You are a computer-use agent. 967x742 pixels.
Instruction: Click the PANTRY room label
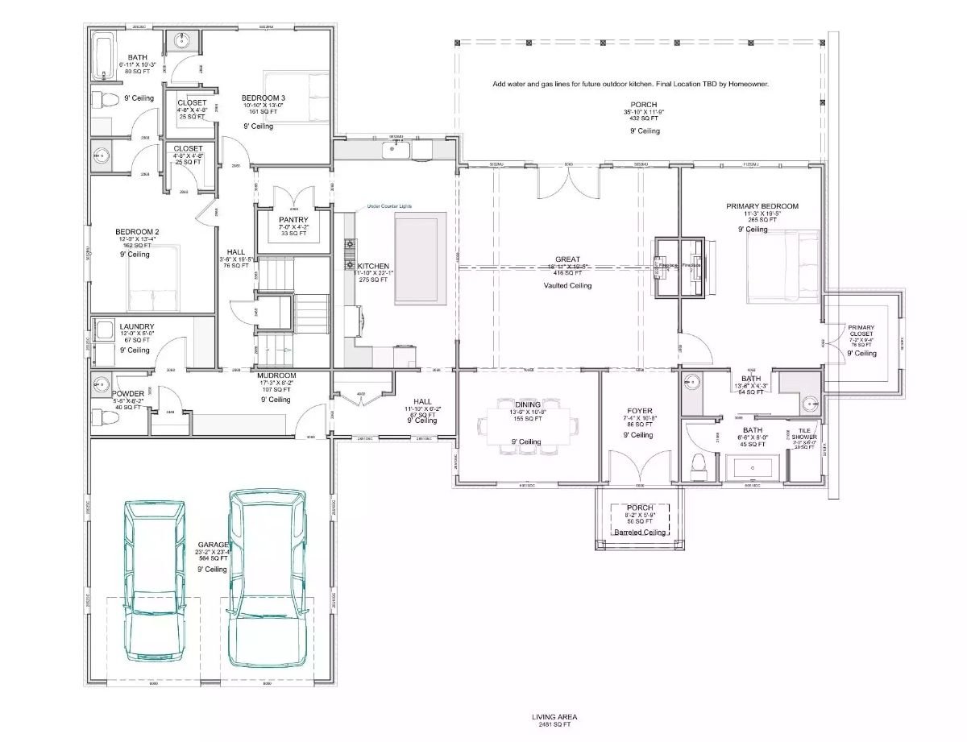click(x=293, y=220)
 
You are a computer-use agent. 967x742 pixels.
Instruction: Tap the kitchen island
click(x=420, y=259)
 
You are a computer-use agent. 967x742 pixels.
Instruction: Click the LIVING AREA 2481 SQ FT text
click(x=554, y=720)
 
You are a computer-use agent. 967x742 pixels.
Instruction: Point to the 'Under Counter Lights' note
click(x=388, y=206)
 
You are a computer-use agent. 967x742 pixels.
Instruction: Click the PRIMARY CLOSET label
click(x=861, y=331)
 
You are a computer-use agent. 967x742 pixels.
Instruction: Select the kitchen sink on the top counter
click(x=396, y=150)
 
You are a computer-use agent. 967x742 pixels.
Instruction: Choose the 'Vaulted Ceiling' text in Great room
click(x=567, y=285)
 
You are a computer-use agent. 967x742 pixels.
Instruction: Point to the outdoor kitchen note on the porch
click(x=631, y=84)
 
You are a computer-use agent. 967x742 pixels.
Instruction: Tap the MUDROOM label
click(x=276, y=376)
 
